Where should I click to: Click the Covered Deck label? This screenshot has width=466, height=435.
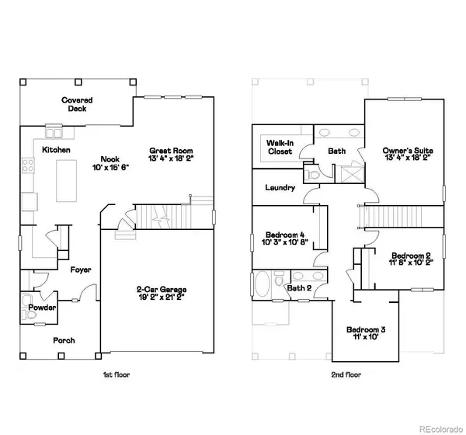click(x=77, y=104)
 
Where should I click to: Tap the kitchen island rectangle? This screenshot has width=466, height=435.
click(x=66, y=181)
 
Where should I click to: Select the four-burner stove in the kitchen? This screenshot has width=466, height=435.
click(x=28, y=165)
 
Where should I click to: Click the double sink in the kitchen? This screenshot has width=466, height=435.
click(x=54, y=133)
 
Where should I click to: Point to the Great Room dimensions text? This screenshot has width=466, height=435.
click(x=171, y=158)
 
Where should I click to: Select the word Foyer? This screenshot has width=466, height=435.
click(x=81, y=270)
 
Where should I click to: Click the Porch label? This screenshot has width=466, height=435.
click(x=64, y=340)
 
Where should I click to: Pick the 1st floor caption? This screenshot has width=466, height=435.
click(x=116, y=374)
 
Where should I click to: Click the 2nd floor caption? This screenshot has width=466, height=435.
click(x=346, y=374)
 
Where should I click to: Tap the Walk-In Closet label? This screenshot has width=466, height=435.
click(x=280, y=147)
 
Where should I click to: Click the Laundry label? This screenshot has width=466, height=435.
click(x=280, y=188)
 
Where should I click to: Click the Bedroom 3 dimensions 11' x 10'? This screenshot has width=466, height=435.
click(x=366, y=337)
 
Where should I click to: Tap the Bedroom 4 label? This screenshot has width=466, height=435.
click(x=285, y=235)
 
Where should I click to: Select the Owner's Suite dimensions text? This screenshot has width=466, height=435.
click(x=408, y=158)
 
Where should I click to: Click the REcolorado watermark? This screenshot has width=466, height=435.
click(x=441, y=429)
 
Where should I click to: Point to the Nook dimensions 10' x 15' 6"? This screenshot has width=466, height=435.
click(x=110, y=168)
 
